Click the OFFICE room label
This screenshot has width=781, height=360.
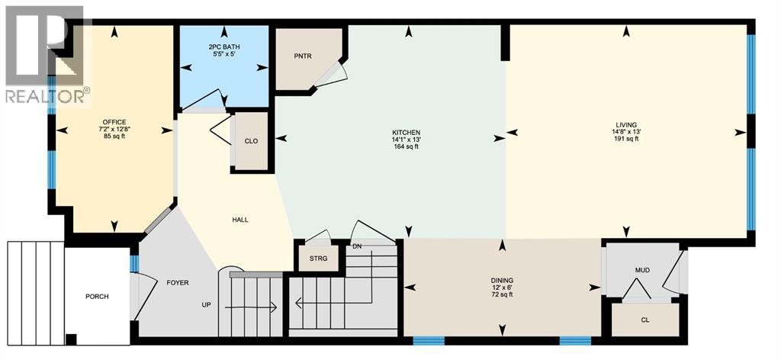point(114,122)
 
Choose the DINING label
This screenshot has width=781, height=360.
point(502,280)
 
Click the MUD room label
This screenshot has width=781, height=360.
point(642,270)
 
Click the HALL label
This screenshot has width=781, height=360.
point(240,220)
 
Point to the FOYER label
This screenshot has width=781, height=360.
point(177,282)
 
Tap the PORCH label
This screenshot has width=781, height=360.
point(97,297)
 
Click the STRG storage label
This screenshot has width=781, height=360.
point(318,259)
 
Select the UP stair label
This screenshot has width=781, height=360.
point(206,305)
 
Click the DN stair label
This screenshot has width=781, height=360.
point(357,246)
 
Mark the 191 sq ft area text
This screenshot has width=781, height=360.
point(627,140)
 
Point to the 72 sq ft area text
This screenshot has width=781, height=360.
point(502,294)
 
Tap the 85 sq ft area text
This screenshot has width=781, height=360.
point(114,137)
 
